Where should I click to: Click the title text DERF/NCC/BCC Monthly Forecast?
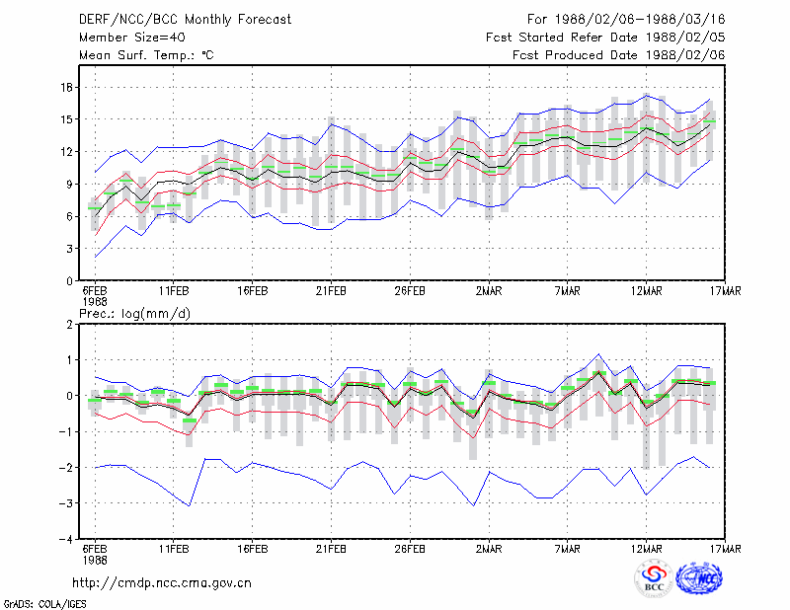(185, 20)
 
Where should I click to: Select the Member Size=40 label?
(132, 38)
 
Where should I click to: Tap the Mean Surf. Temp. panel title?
(146, 55)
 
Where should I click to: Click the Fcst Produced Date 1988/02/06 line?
(619, 55)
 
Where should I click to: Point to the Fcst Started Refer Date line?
(605, 38)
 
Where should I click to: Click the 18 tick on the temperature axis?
(67, 87)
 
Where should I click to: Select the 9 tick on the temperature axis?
(69, 184)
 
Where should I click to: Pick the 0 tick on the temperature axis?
(69, 281)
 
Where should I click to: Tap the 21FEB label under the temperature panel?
(331, 291)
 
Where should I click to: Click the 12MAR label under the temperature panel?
(647, 291)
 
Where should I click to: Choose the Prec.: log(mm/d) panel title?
(134, 314)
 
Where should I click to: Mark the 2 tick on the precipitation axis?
(69, 325)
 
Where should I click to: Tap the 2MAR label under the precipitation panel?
(489, 549)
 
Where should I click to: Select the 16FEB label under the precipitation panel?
(253, 549)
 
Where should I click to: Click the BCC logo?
(654, 579)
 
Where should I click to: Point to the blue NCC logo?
(699, 578)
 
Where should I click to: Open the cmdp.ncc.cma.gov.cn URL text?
(162, 583)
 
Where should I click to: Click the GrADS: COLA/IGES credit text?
(45, 604)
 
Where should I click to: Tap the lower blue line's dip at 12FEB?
(190, 505)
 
